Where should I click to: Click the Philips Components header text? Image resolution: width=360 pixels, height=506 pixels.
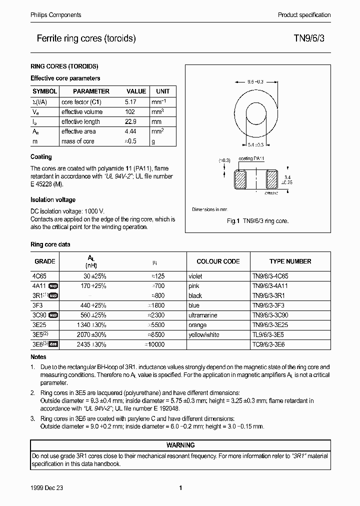[52, 15]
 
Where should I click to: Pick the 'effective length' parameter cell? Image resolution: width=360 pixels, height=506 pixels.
[80, 121]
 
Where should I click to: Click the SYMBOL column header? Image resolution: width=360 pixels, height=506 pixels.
[45, 91]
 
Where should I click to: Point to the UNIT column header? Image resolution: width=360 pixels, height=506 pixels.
[163, 91]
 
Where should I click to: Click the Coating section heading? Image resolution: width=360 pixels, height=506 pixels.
[41, 157]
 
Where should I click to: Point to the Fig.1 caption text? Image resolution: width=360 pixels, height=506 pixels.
[258, 221]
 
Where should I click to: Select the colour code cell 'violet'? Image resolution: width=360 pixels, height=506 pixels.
[195, 276]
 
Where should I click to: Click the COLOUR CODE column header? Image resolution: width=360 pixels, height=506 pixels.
[218, 261]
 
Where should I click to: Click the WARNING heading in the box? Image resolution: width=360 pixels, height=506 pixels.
[180, 445]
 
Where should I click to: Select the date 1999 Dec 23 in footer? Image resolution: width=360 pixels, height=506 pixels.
[48, 487]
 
